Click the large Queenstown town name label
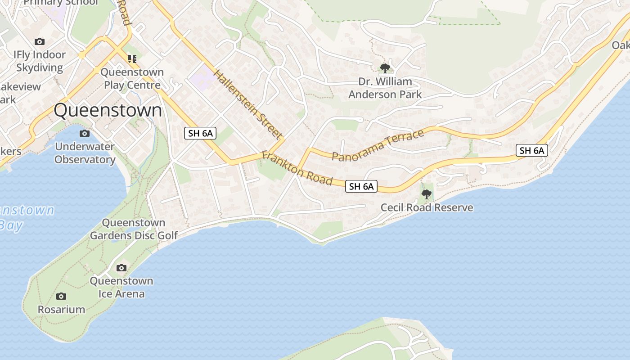pos(108,110)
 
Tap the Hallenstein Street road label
pos(248,104)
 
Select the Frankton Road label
pos(297,168)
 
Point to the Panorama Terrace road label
pos(378,145)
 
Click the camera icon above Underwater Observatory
pos(84,133)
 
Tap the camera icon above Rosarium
pos(61,296)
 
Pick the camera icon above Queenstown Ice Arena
pos(121,268)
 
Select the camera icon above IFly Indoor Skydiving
pos(40,41)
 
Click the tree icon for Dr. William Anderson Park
pos(385,68)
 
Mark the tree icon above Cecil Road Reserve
pos(426,194)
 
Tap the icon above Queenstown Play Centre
pos(132,58)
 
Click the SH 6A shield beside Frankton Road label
pos(361,186)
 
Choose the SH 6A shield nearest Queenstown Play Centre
pos(200,133)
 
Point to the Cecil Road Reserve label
pos(427,207)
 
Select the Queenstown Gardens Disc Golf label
pos(134,229)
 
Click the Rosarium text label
pos(61,310)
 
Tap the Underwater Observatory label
pos(85,153)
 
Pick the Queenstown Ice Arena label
pos(121,288)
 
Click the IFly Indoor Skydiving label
pos(40,61)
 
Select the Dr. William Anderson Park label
pos(385,88)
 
